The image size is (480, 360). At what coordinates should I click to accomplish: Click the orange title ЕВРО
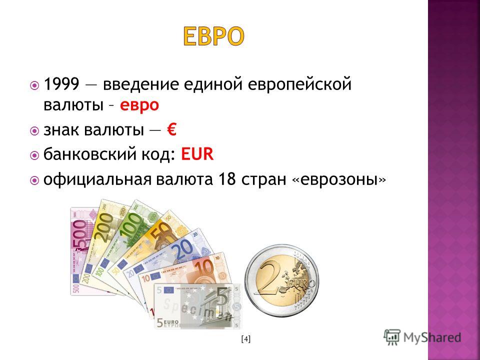[x=213, y=36]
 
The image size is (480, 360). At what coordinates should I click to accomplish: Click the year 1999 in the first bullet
[x=61, y=84]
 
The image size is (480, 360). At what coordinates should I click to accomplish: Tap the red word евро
[x=139, y=105]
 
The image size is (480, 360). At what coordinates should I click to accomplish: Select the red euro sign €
[x=171, y=129]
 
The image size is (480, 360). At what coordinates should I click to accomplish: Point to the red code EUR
[x=197, y=154]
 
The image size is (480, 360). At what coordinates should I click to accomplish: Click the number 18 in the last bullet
[x=227, y=179]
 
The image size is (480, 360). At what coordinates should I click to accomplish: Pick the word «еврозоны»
[x=339, y=180]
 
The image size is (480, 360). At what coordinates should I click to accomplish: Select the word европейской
[x=299, y=84]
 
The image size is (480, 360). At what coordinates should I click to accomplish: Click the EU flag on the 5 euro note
[x=168, y=290]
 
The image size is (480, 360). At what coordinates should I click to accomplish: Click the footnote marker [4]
[x=246, y=339]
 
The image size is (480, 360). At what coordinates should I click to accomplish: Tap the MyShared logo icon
[x=392, y=337]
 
